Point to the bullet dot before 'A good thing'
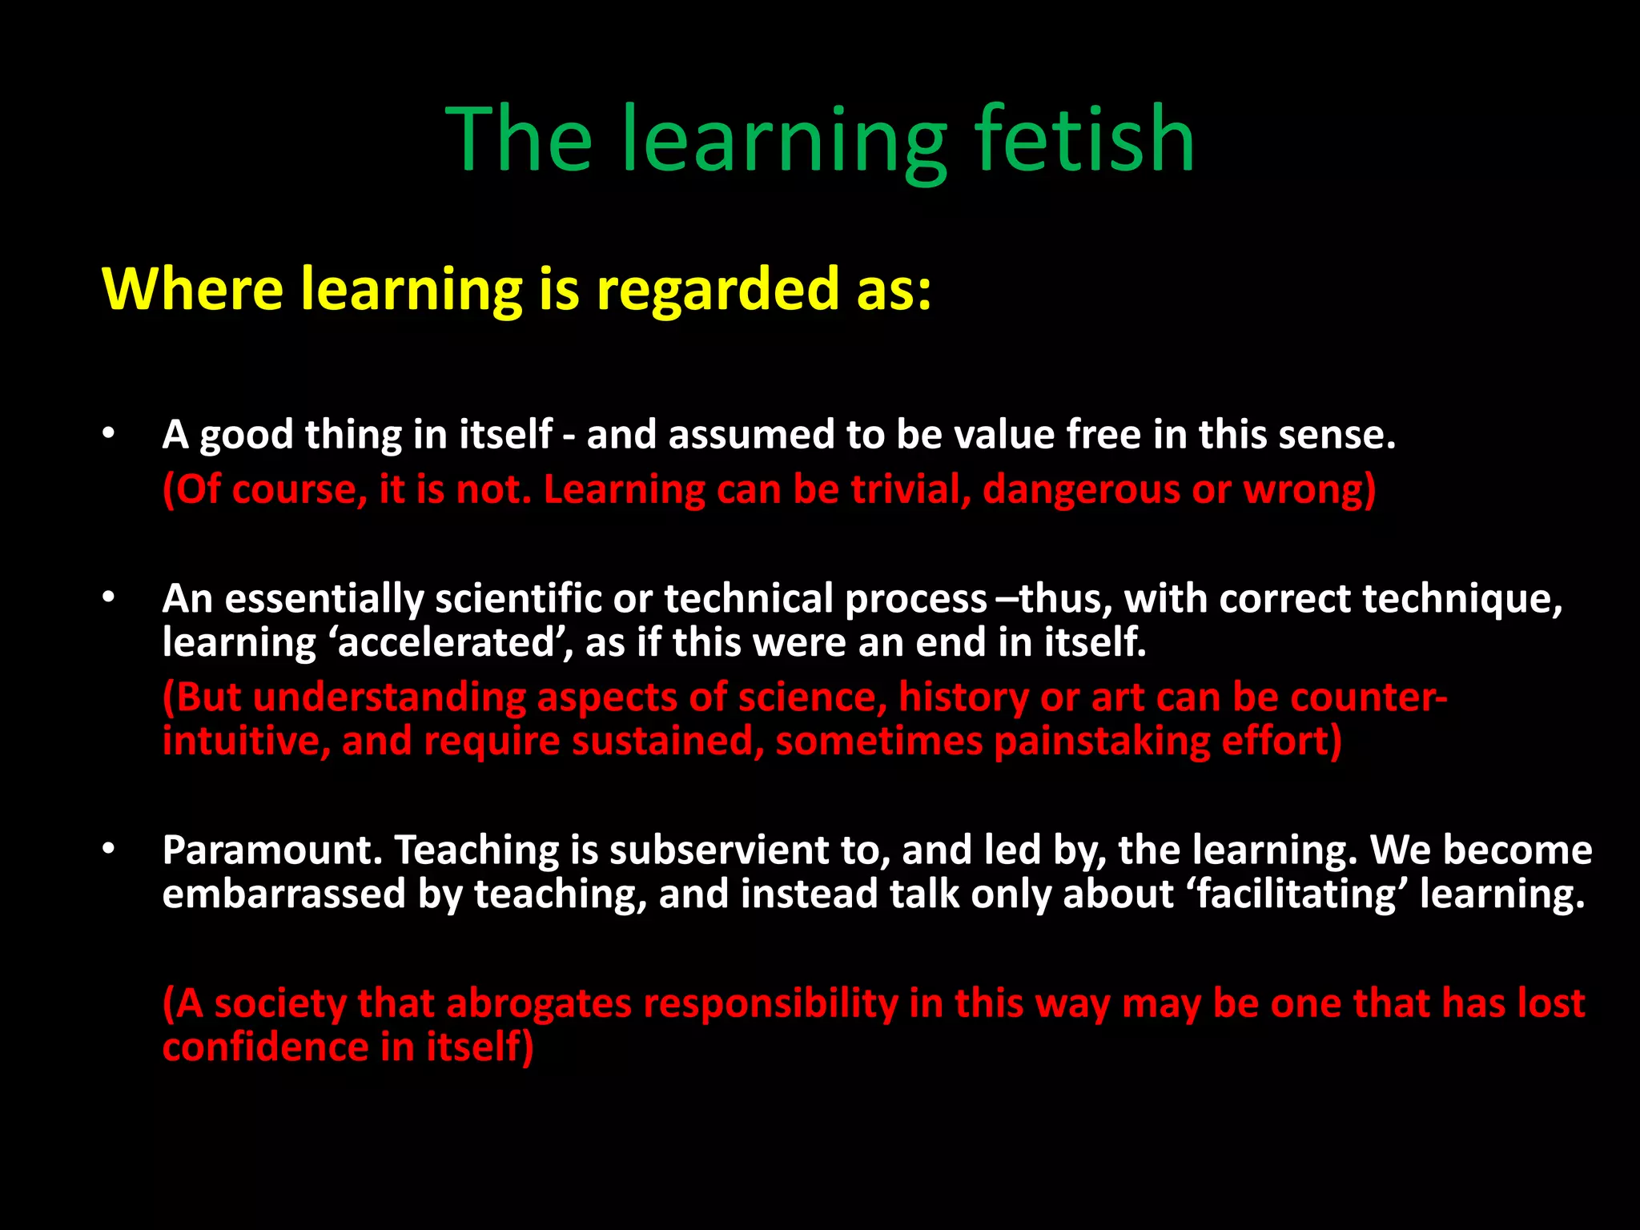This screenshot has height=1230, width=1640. click(x=109, y=435)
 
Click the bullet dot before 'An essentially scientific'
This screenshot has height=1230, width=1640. click(x=109, y=598)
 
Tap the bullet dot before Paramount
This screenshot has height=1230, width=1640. click(x=109, y=850)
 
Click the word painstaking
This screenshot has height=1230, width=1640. click(x=1101, y=741)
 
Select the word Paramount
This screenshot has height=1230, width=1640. click(x=272, y=850)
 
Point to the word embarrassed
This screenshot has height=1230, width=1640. click(x=283, y=894)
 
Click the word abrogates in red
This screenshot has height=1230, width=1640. click(x=540, y=1003)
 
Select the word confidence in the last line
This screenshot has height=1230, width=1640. click(x=265, y=1047)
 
